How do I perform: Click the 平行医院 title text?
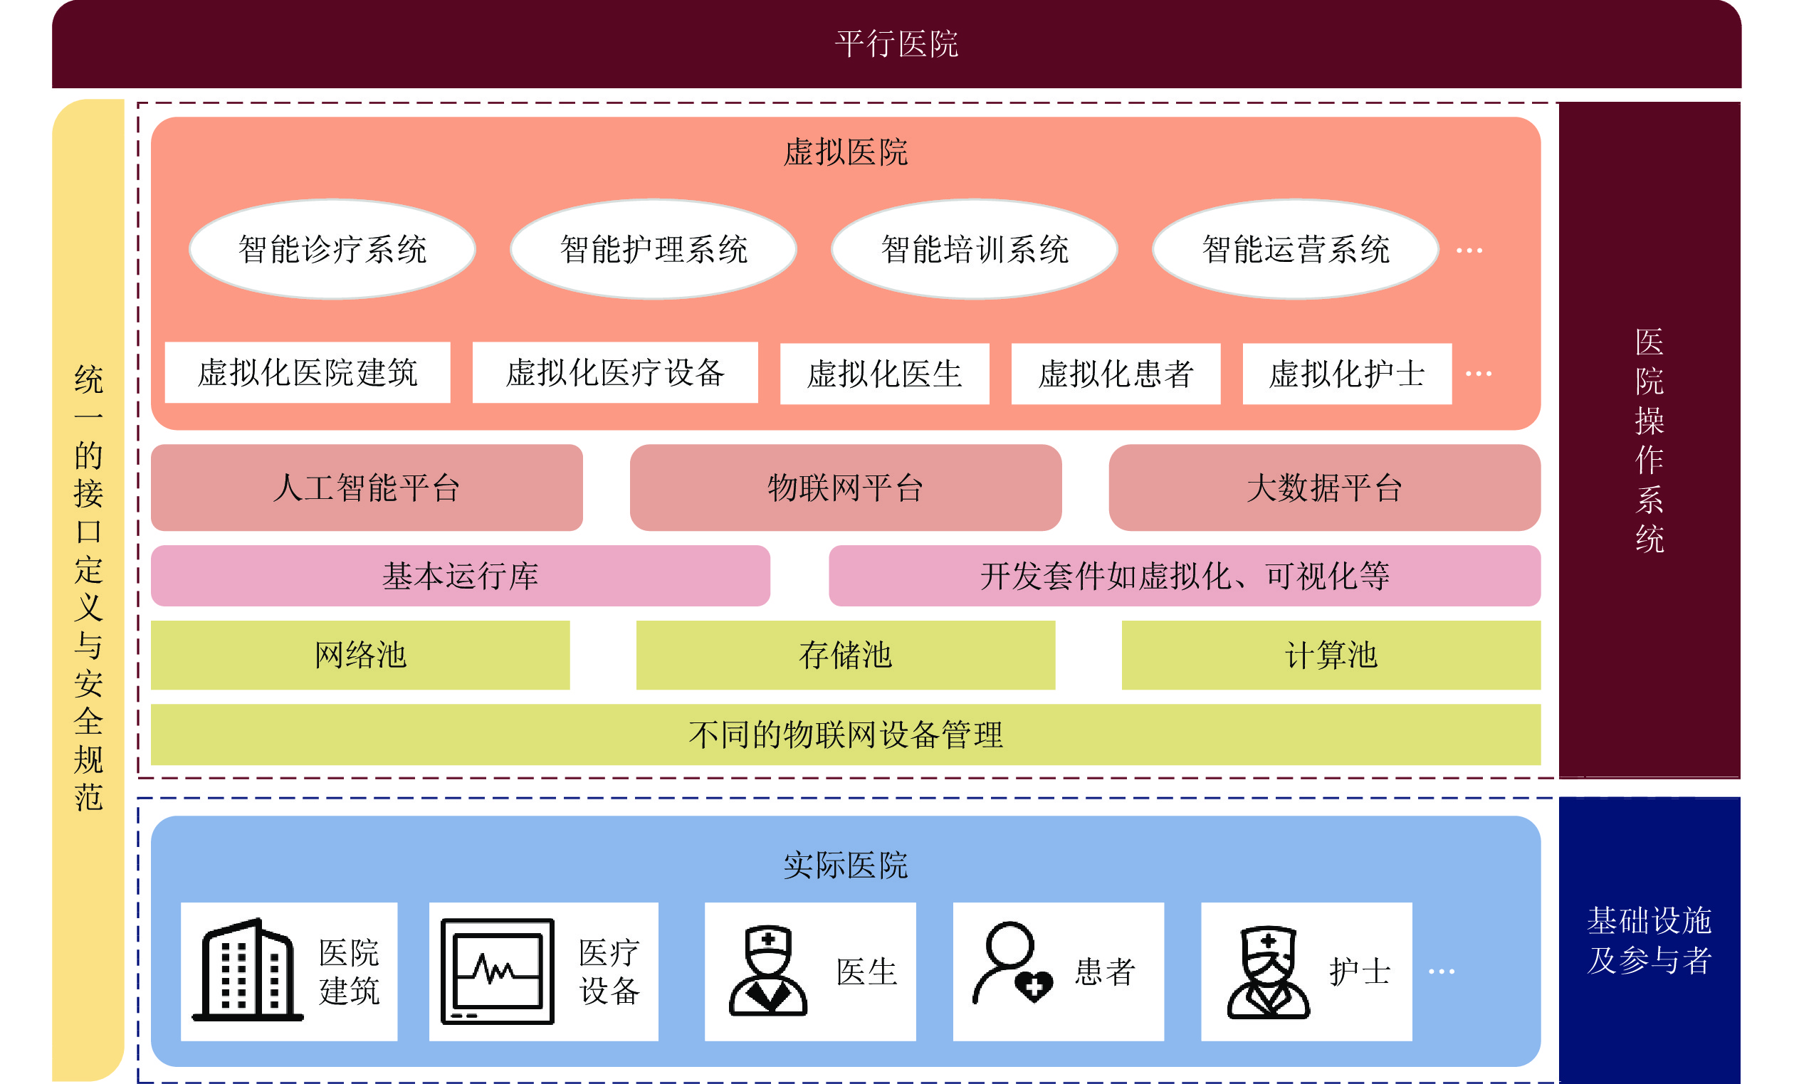point(896,44)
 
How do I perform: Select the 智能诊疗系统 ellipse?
point(332,249)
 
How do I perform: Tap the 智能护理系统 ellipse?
point(654,249)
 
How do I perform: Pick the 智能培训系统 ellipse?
point(975,249)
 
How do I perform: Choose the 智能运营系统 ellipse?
point(1296,249)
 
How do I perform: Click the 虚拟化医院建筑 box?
point(308,372)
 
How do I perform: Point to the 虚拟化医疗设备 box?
point(615,372)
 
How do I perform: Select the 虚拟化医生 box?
point(885,374)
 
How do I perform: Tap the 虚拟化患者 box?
point(1116,374)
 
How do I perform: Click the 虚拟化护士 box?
point(1348,374)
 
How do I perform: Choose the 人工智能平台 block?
point(367,488)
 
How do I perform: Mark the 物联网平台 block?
point(846,488)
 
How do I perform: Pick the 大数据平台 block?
point(1325,488)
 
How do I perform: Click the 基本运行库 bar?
point(461,576)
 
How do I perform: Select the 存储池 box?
point(846,656)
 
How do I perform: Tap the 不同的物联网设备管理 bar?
point(846,735)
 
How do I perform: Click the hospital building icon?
point(248,969)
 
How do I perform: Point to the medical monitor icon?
point(498,971)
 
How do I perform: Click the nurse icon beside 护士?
point(1269,972)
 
